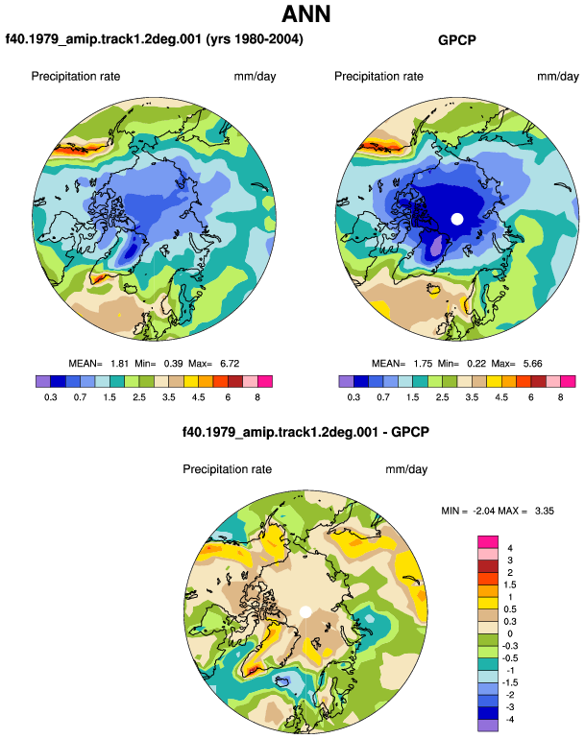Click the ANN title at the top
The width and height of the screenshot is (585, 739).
coord(305,13)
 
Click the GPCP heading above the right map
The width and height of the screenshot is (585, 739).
coord(456,40)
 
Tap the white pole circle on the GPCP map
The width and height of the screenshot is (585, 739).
coord(456,219)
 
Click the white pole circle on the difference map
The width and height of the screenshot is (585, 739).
coord(305,611)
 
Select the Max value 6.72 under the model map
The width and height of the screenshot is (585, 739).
coord(230,364)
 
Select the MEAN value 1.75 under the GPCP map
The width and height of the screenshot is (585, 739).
coord(423,364)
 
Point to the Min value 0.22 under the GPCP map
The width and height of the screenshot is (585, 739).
coord(476,364)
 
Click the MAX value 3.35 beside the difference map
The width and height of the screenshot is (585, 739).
coord(544,511)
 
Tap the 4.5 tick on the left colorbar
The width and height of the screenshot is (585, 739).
coord(198,397)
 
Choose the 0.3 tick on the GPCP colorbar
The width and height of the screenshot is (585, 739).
coord(353,397)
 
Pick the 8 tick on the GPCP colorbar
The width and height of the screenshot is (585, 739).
coord(560,397)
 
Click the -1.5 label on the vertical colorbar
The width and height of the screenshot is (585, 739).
coord(510,682)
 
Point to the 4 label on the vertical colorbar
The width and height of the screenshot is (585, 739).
coord(510,548)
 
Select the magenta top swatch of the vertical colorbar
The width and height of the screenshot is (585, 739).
coord(488,542)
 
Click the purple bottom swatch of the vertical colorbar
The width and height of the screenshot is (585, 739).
coord(488,726)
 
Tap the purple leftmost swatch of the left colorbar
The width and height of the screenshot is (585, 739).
coord(43,381)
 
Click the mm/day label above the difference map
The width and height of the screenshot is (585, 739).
coord(406,469)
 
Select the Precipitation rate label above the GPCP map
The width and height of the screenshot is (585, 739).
coord(378,77)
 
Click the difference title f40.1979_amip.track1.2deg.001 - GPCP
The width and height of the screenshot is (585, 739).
coord(305,432)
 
